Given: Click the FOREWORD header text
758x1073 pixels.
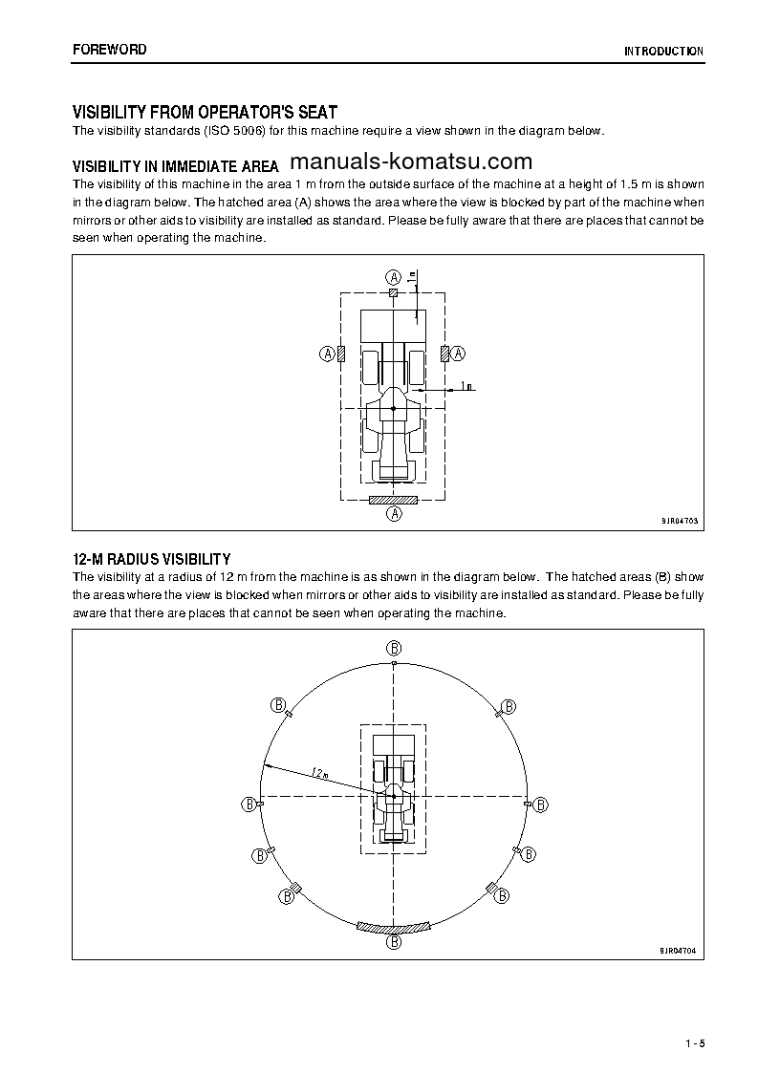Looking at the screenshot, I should [x=110, y=50].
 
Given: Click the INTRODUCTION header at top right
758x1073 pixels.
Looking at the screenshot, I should [x=663, y=52].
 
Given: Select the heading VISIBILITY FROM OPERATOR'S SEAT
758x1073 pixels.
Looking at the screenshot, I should [x=205, y=113].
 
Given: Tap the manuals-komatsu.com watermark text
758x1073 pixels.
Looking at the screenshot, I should [x=410, y=161].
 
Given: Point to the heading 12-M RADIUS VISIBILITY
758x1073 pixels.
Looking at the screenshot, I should [x=152, y=559].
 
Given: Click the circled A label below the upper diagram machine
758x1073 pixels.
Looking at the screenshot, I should [x=393, y=514].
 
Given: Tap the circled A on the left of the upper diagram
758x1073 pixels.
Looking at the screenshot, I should [x=326, y=354].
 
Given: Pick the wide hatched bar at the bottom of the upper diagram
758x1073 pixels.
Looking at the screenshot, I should [x=393, y=499].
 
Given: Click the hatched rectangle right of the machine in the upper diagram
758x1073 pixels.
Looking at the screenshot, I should [x=444, y=354].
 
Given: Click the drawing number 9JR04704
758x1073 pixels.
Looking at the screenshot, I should [x=679, y=951].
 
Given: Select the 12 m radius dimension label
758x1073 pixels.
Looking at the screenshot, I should [x=319, y=772].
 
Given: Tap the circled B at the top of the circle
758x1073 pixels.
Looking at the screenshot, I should [x=393, y=647].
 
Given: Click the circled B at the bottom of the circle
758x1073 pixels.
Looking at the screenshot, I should [x=393, y=942].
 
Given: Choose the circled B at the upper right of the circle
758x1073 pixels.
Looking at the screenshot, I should [x=509, y=706].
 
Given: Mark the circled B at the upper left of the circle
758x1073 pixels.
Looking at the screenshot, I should [x=278, y=705].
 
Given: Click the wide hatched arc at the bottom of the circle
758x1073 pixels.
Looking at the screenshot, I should [x=393, y=927].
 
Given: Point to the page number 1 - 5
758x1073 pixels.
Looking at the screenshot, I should [x=695, y=1042].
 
